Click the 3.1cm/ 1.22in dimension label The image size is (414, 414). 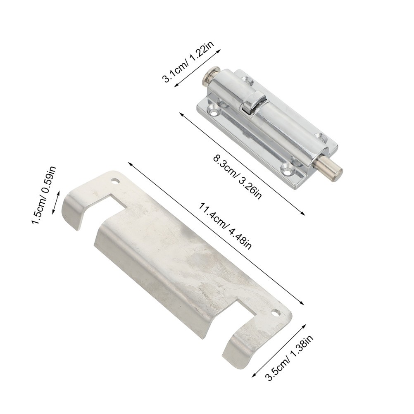[188, 62]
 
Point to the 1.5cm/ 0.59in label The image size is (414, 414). [44, 195]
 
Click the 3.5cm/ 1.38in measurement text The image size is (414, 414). [290, 358]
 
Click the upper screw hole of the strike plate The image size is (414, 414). [115, 182]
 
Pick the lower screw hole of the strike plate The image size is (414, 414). [276, 312]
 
